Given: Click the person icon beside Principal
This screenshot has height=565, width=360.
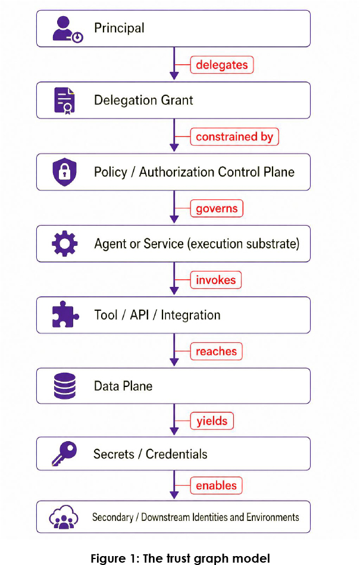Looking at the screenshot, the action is (x=68, y=29).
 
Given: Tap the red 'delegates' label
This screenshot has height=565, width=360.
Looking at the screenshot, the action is (x=222, y=65).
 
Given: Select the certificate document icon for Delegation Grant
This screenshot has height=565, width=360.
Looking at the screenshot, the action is (x=64, y=101).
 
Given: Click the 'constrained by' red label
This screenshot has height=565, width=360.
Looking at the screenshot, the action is (x=234, y=136).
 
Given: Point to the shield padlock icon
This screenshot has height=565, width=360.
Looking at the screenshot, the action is (x=64, y=171).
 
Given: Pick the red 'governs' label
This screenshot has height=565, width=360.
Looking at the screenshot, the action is (x=217, y=208).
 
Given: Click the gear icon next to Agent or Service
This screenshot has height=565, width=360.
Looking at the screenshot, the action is (x=64, y=244).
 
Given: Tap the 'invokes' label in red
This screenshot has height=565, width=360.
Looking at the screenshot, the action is (x=215, y=280).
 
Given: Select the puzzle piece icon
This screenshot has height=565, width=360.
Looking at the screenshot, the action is (x=65, y=314).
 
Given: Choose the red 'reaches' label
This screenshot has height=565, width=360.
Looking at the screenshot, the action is (x=217, y=351).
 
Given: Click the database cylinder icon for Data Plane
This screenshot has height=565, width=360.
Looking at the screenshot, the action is (x=65, y=386).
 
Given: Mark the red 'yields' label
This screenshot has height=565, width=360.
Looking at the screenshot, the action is (x=212, y=421).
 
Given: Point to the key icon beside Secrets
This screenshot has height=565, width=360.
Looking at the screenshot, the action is (x=64, y=453).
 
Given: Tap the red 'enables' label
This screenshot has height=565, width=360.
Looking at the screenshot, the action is (x=217, y=485).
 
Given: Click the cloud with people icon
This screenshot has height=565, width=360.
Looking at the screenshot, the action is (x=64, y=517).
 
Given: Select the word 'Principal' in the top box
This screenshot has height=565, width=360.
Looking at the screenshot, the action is (x=119, y=28).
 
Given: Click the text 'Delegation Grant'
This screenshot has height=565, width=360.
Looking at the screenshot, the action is (x=143, y=100).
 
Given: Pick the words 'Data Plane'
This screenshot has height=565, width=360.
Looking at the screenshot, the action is (x=123, y=386).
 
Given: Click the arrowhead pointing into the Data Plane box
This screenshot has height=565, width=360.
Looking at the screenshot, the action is (x=174, y=362).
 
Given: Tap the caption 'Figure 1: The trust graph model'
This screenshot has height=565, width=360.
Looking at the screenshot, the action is (x=180, y=558).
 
